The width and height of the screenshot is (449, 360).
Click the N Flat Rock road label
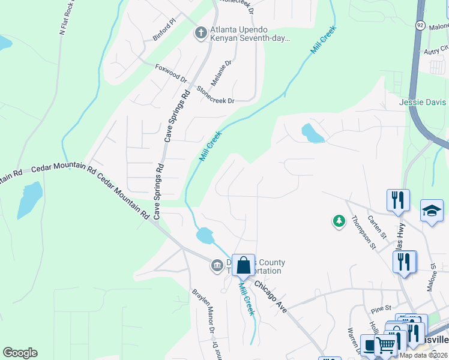67,18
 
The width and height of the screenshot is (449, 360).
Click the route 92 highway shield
421,25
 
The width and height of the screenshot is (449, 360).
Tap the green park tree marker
339,222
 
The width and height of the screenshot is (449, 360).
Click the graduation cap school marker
432,211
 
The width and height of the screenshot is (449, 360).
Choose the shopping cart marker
385,344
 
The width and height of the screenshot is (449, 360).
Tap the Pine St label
381,310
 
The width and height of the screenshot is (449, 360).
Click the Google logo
20,352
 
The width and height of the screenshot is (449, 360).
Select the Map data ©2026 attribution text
423,355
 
